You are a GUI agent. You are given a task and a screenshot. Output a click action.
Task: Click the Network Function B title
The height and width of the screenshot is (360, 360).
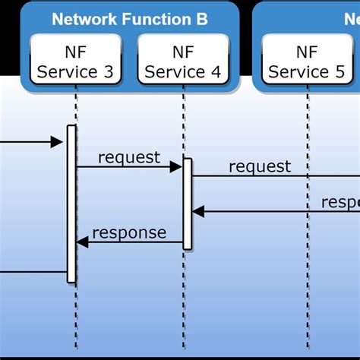tap(129, 19)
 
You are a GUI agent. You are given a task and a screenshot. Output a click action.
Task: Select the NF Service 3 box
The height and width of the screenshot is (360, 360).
tap(76, 62)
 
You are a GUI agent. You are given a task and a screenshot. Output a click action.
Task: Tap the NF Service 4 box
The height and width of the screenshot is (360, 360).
tap(182, 62)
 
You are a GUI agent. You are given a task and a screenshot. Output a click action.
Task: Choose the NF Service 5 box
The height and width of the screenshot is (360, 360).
tap(307, 62)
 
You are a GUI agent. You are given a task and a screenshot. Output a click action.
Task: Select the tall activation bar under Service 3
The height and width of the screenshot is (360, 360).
tap(71, 204)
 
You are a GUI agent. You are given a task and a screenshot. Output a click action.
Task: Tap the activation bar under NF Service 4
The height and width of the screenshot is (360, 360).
tap(187, 204)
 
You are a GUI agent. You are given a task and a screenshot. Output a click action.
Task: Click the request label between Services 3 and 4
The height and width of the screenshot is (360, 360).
tap(129, 157)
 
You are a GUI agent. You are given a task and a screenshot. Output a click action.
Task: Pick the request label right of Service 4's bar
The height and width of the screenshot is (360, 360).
tap(260, 166)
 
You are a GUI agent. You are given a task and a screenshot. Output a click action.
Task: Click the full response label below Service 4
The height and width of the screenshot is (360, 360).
tap(129, 232)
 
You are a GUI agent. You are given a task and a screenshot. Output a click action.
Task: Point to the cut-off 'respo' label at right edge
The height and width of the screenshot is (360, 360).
tap(339, 202)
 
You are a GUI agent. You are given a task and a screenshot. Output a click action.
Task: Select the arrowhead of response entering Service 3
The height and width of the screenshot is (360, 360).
tap(83, 242)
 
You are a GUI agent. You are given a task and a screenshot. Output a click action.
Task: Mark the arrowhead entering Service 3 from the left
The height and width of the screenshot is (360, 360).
tap(56, 141)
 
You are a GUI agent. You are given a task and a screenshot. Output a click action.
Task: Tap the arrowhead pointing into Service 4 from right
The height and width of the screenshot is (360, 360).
tap(198, 212)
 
